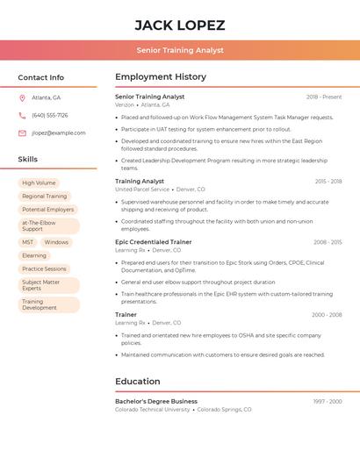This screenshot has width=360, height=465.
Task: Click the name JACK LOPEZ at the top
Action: point(180,25)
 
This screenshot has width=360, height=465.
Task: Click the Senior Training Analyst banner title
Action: point(180,51)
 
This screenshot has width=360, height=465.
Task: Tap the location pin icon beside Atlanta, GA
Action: point(22,97)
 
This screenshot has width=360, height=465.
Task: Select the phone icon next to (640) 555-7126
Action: point(22,115)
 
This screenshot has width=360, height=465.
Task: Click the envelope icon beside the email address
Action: point(22,133)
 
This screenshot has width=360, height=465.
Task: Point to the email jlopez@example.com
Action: point(59,133)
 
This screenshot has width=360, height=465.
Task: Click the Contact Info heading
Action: point(41,77)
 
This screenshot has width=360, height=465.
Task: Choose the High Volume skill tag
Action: point(39,183)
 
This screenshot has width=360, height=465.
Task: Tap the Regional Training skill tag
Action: point(44,197)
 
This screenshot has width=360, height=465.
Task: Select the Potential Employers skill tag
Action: point(48,210)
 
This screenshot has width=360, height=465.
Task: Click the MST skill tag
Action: point(28,242)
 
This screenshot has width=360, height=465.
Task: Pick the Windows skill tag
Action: point(56,242)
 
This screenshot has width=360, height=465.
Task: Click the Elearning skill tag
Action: point(34,255)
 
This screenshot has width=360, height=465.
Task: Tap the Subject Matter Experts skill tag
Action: point(41,285)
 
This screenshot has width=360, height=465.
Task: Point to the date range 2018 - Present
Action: point(324,97)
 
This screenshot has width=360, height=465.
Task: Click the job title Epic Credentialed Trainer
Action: point(153,241)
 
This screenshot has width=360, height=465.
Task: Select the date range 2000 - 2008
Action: point(327,314)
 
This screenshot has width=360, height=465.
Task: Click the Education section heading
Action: point(137,382)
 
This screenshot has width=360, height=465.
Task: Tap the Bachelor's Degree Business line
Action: point(156,401)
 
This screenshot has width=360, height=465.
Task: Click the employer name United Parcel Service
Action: point(142,190)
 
